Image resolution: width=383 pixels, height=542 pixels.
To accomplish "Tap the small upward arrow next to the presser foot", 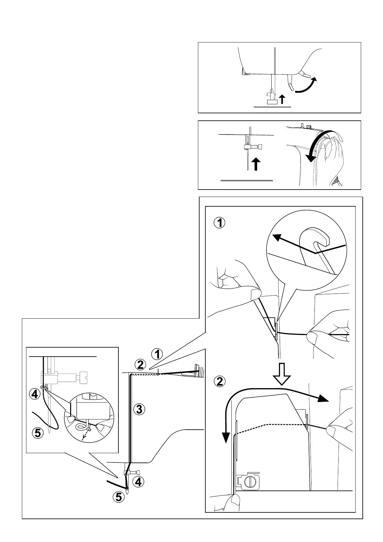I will pyautogui.click(x=282, y=99).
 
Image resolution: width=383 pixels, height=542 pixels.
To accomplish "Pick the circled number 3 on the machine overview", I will pyautogui.click(x=139, y=409).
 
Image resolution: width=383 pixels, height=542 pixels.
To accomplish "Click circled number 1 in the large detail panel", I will pyautogui.click(x=220, y=223).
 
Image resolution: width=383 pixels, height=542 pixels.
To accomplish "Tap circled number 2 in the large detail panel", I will pyautogui.click(x=220, y=382).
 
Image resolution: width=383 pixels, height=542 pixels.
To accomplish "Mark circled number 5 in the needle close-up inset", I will pyautogui.click(x=38, y=433).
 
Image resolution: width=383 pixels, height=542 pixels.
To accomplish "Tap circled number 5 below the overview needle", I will pyautogui.click(x=119, y=497).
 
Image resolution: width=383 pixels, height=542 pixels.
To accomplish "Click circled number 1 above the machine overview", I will pyautogui.click(x=157, y=354).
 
